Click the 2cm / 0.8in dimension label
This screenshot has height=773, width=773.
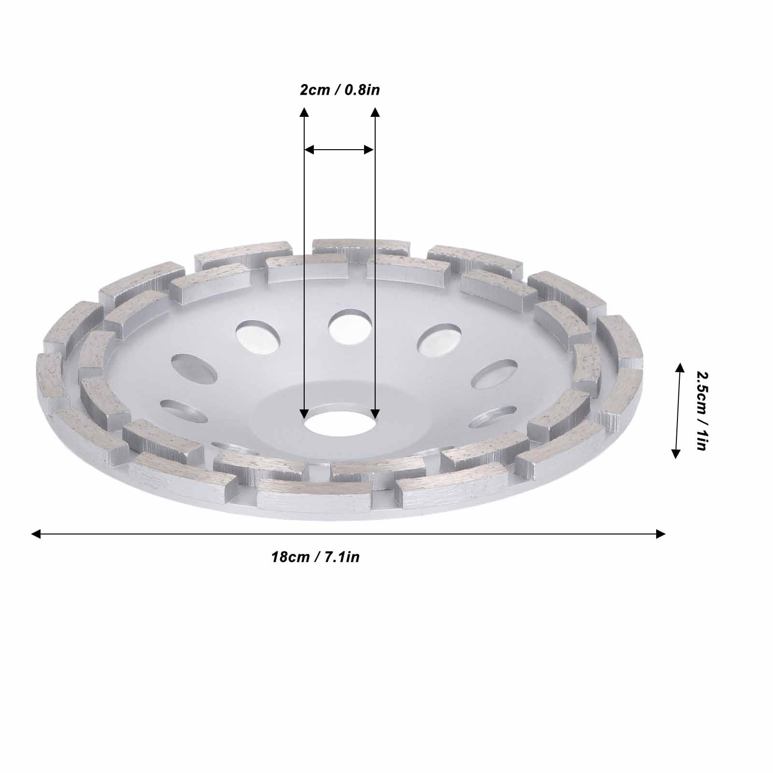pyautogui.click(x=339, y=90)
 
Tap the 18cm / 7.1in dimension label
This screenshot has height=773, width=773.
pyautogui.click(x=315, y=557)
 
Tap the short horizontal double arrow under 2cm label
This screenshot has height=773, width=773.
pyautogui.click(x=339, y=150)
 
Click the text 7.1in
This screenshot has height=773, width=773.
pyautogui.click(x=342, y=557)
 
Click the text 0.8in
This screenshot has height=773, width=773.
pyautogui.click(x=362, y=90)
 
